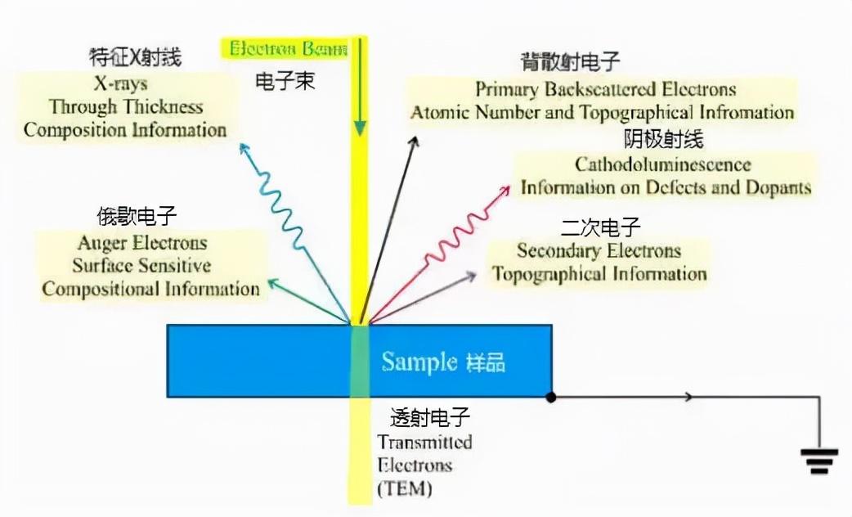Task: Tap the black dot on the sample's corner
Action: [x=552, y=398]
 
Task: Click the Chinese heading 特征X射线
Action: [x=135, y=57]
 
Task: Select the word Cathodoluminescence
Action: [x=662, y=164]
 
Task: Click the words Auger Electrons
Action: [x=142, y=243]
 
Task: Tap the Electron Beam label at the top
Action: [x=288, y=48]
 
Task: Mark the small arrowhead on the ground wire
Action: [x=690, y=398]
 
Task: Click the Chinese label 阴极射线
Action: [x=663, y=138]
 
